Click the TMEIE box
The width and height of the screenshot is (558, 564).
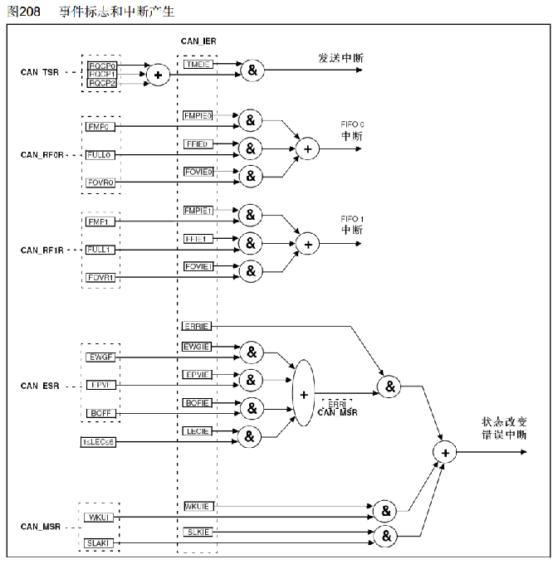tap(198, 63)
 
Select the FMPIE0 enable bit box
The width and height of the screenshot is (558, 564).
tap(198, 116)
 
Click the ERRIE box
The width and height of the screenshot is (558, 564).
tap(197, 326)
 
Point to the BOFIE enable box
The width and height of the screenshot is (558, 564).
tap(198, 402)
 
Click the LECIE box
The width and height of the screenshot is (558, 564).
tap(197, 430)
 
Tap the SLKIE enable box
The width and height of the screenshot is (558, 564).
tap(198, 531)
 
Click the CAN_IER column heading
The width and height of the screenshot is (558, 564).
tap(198, 41)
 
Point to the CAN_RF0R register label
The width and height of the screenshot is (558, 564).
tap(42, 155)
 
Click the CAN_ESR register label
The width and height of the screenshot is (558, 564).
tap(42, 386)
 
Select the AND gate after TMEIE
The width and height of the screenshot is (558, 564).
tap(252, 70)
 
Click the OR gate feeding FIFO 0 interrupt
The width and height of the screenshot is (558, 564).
tap(308, 148)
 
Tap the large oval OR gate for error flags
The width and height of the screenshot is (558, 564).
tap(304, 393)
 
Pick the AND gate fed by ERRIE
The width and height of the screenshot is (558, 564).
tap(389, 386)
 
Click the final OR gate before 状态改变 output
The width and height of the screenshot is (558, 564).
tap(445, 451)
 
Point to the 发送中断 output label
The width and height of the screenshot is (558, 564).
tap(340, 58)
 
